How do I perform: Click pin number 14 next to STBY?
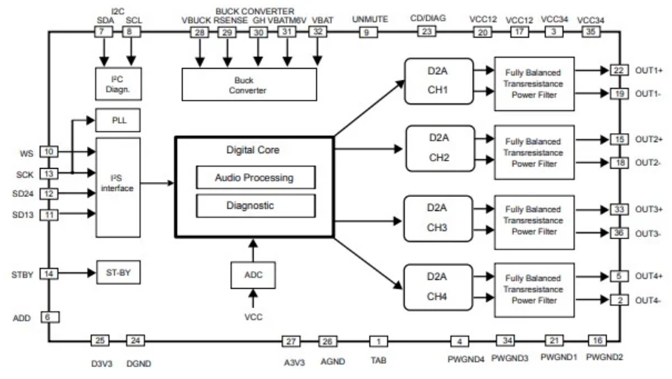[49, 273]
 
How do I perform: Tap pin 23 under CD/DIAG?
[426, 32]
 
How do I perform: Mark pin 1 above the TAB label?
[378, 341]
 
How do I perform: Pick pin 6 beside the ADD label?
[49, 316]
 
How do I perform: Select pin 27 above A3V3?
[292, 341]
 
